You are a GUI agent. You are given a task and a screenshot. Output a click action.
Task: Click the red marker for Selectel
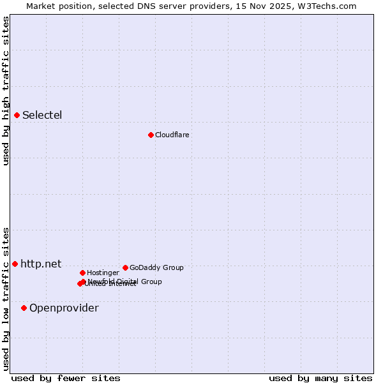[17, 115]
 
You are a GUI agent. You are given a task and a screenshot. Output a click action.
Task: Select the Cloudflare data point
[151, 135]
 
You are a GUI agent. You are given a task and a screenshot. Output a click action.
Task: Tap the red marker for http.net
[15, 264]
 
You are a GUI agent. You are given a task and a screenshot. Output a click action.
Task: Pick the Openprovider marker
[24, 308]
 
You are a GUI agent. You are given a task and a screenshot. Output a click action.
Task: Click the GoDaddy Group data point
[125, 267]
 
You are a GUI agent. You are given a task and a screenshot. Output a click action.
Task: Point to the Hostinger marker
[82, 273]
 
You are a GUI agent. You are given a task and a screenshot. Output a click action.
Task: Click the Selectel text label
[42, 116]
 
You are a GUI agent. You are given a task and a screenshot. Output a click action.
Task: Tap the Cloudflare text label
[172, 135]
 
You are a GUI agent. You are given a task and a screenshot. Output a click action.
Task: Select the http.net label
[41, 264]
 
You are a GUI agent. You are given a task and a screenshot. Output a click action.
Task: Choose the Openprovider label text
[64, 308]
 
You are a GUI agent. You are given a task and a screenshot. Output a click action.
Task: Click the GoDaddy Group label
[156, 267]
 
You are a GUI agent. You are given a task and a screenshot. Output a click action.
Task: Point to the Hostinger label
[103, 273]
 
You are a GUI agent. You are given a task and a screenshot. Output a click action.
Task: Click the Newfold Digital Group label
[125, 281]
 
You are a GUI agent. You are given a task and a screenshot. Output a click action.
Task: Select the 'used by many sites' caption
[320, 378]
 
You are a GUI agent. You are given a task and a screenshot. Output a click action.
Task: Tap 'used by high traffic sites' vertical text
[6, 91]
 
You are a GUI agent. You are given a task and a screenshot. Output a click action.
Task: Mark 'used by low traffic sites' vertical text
[6, 298]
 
